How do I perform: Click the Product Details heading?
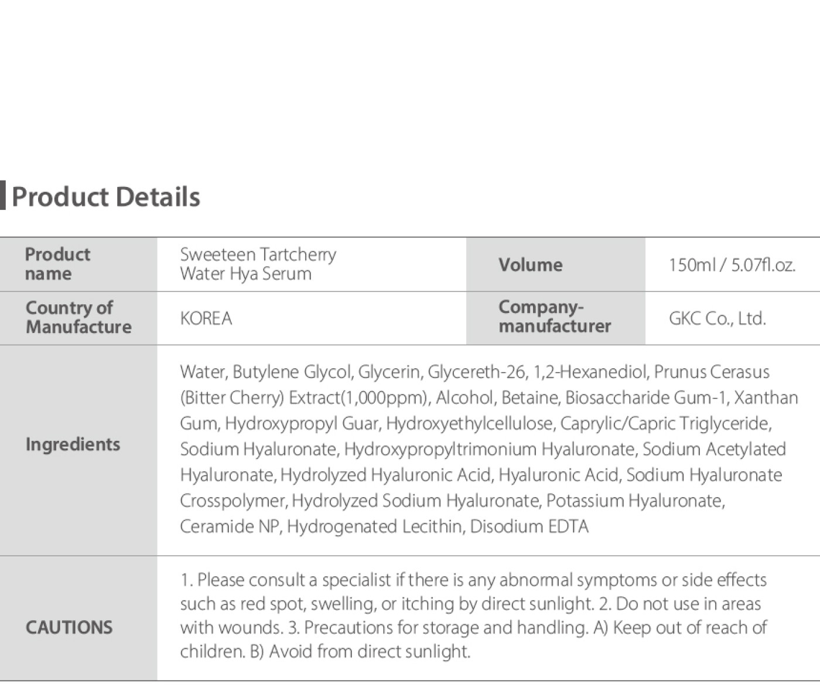106,197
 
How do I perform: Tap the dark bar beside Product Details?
3,196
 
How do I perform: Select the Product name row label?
57,264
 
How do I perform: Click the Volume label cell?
530,265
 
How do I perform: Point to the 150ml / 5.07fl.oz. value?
732,266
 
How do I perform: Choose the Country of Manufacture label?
78,317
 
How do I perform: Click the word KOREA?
206,318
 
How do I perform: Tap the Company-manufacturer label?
554,317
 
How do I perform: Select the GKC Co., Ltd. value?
717,318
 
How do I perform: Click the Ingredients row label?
73,444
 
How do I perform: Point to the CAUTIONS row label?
69,627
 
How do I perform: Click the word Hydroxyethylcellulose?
470,423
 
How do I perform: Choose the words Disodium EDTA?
529,526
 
